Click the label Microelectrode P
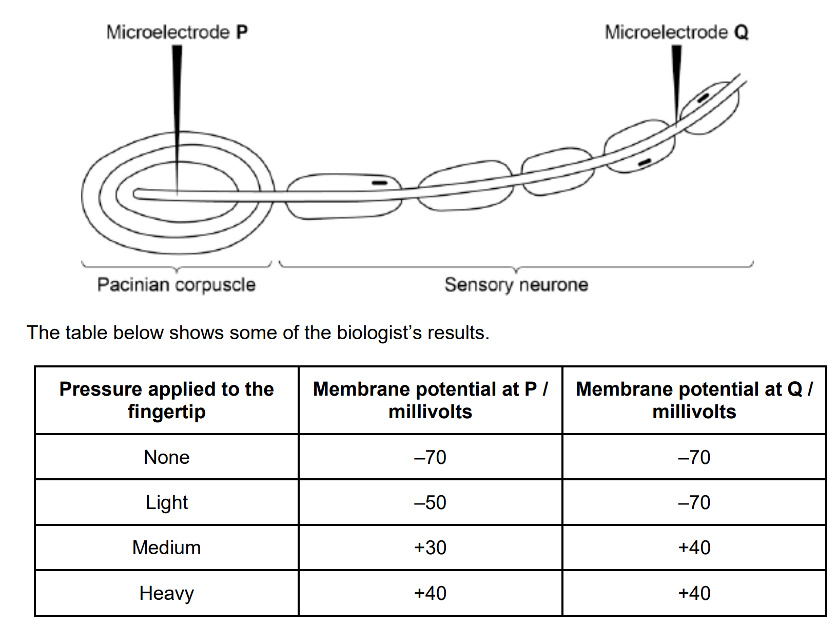pos(177,32)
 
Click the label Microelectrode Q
pos(676,32)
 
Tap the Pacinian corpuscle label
pos(176,285)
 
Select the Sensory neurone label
pos(516,285)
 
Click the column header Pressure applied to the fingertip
pos(167,400)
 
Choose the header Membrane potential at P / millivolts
pos(430,400)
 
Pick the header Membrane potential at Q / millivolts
pos(694,400)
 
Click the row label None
pos(167,457)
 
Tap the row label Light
pos(167,502)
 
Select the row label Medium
pos(167,548)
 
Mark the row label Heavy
pos(167,593)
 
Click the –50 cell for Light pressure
pos(430,502)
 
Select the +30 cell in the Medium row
pos(430,548)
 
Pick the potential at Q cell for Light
pos(694,502)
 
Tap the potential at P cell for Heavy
pos(430,593)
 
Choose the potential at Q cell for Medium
pos(694,548)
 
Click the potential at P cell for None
pos(430,457)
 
